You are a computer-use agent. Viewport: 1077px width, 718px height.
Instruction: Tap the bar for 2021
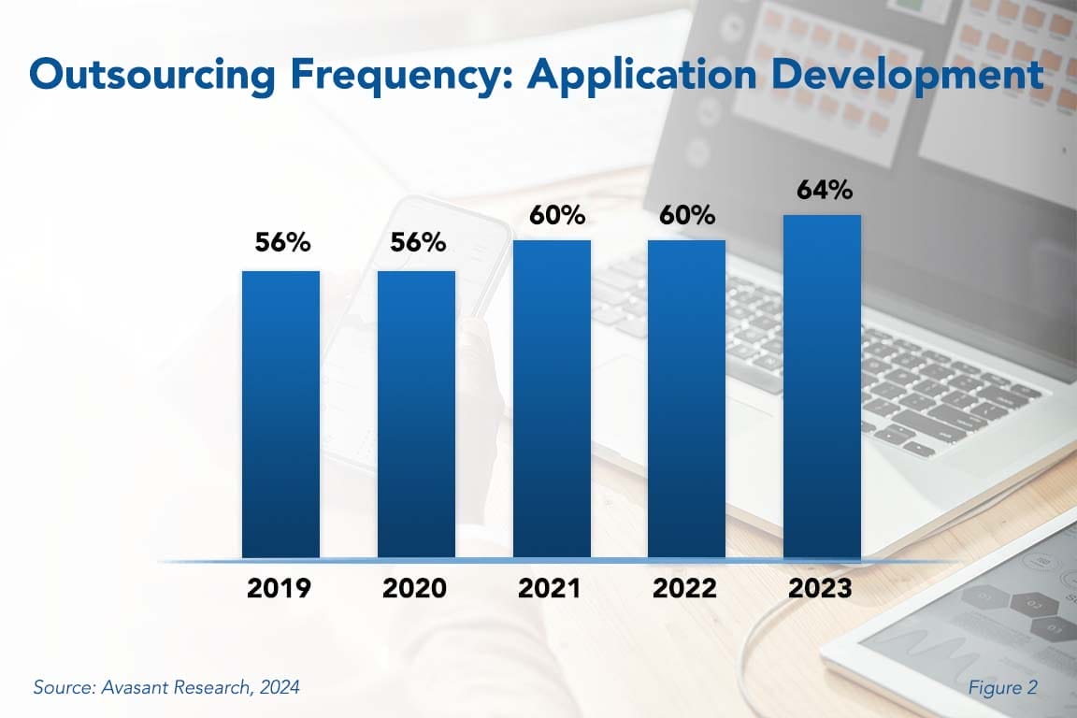[552, 399]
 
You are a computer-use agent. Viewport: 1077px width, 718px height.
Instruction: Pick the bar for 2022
[686, 399]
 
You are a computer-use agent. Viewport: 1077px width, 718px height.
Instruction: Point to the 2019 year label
[280, 589]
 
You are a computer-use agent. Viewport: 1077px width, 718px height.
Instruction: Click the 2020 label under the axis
[416, 589]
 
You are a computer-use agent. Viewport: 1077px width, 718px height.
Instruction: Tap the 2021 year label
[552, 589]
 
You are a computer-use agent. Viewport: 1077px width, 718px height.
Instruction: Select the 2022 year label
[686, 589]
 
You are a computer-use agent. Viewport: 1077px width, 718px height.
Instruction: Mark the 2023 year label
[822, 589]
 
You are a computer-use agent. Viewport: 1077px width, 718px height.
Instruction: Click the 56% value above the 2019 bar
[282, 243]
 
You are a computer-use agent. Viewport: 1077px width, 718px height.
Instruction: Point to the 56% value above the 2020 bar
[418, 243]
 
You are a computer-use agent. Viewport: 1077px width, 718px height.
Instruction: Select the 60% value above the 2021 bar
[553, 215]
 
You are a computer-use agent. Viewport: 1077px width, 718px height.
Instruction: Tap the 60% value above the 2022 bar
[689, 215]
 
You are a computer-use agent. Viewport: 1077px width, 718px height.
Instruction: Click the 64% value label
[824, 190]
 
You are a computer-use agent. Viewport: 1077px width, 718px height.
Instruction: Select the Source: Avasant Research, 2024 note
[166, 687]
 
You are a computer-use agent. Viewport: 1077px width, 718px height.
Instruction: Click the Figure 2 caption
[1002, 687]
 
